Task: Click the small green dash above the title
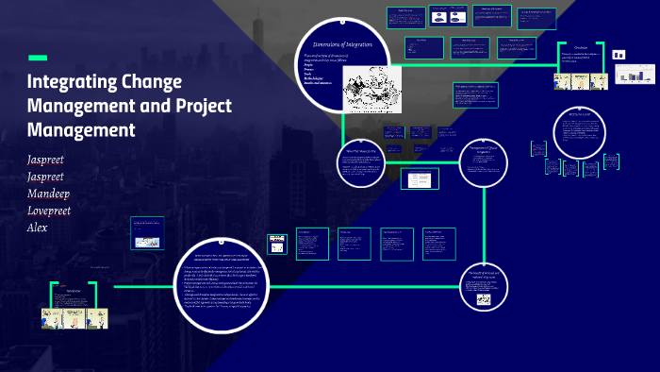(38, 57)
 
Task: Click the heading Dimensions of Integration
(343, 45)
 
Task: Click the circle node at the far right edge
(578, 135)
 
